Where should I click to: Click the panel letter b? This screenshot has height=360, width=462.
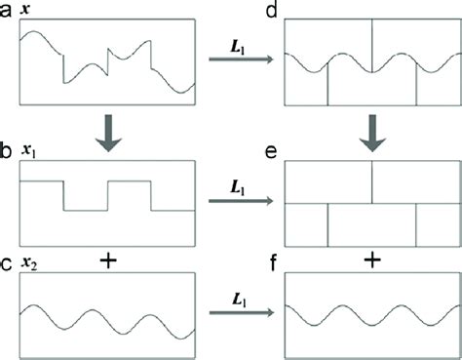8,152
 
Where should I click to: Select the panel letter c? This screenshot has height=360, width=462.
8,259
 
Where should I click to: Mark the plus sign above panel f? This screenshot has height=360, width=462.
372,260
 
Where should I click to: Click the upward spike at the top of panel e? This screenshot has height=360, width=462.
372,182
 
